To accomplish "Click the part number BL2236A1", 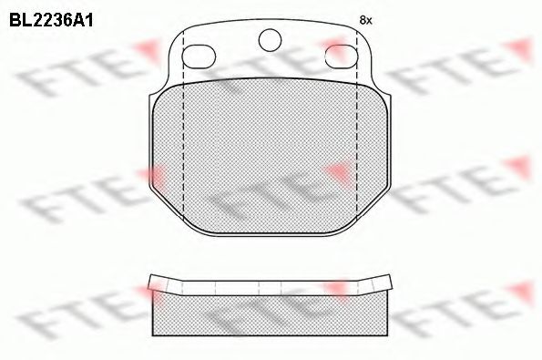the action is [51, 21].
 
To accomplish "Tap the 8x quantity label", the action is [365, 20].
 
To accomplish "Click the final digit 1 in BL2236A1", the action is [88, 21].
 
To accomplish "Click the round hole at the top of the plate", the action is [270, 40].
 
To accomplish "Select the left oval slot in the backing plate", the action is [199, 57].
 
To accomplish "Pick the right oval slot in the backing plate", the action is [342, 57].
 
